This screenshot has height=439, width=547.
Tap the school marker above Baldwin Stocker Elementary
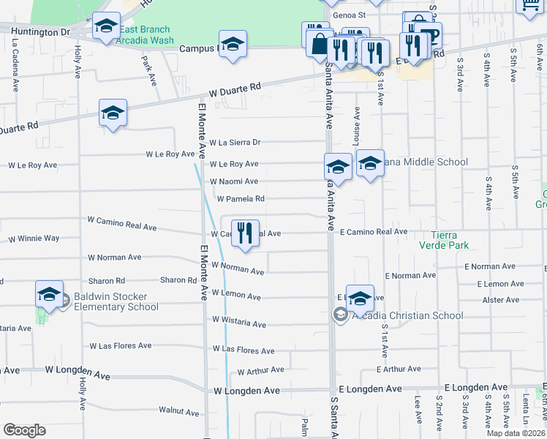coord(49,294)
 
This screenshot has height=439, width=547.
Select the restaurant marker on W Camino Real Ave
coord(245,233)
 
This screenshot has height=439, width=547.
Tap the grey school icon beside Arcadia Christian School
coord(339,315)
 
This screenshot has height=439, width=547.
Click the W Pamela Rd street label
coord(241,198)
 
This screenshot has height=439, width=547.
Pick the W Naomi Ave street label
coord(234,181)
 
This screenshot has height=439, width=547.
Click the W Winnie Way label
coord(34,239)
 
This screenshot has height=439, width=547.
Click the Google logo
coord(24,429)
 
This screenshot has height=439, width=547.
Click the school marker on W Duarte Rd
coord(113,113)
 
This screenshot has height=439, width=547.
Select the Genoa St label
coord(349,15)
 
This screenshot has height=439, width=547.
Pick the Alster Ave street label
coord(501,300)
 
